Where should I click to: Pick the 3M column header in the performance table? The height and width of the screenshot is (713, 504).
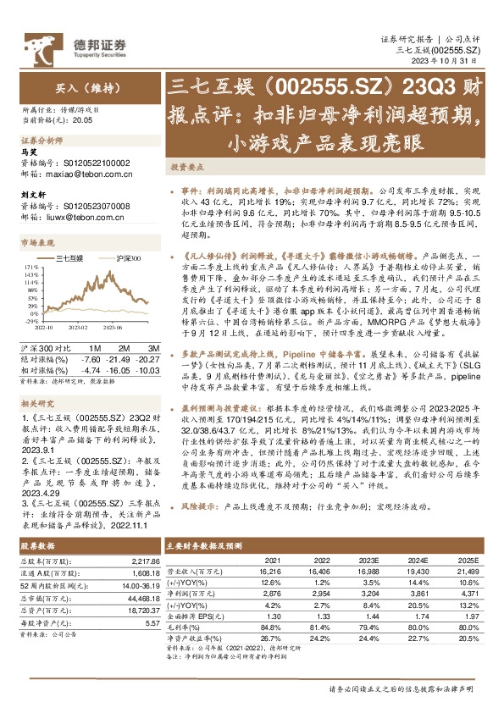[x=153, y=349]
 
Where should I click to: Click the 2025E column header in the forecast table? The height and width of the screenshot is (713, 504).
[x=468, y=561]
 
